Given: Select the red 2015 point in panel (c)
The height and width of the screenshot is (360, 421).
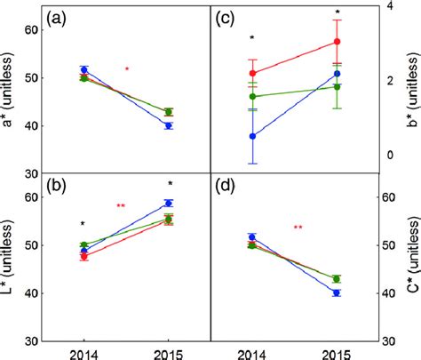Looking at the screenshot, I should pos(337,42).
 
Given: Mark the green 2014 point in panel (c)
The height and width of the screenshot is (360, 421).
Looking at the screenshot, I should pos(253,96).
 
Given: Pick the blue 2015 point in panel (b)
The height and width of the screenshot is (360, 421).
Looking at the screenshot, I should pos(169,204).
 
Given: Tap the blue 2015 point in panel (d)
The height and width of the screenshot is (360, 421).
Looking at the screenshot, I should pos(337,292).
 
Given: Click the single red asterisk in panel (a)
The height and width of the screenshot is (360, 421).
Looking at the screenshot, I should pos(127,69).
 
